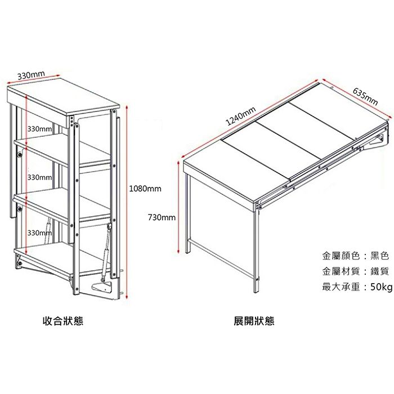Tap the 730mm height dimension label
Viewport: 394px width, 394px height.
point(162,217)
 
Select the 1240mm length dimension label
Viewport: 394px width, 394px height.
point(241,116)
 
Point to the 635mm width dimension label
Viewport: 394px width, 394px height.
point(365,96)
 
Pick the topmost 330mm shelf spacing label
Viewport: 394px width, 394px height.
point(39,129)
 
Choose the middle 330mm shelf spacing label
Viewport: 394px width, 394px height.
point(39,177)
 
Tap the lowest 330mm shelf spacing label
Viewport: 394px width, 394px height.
point(39,232)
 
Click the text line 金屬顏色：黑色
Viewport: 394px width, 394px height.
point(356,256)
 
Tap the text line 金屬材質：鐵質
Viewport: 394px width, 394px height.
point(356,271)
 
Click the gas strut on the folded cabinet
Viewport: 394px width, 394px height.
point(105,248)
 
